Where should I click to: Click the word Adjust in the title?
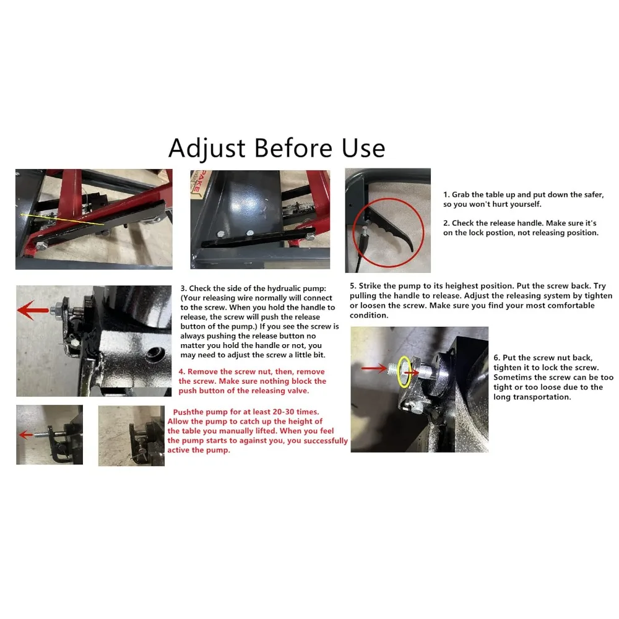click(x=207, y=149)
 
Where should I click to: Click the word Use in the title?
click(x=363, y=149)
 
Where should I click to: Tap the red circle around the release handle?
click(x=388, y=233)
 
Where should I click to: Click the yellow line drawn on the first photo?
click(x=62, y=220)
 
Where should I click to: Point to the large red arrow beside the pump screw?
click(x=33, y=310)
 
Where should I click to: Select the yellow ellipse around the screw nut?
click(x=404, y=371)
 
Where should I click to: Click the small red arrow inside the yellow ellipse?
click(x=412, y=373)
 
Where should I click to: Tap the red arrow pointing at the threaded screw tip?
click(x=374, y=368)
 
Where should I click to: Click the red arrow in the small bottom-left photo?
click(x=26, y=435)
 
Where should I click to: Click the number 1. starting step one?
click(x=446, y=194)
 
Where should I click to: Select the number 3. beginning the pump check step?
click(x=184, y=288)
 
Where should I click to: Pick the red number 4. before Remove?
click(x=181, y=372)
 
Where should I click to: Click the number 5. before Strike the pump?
click(x=353, y=286)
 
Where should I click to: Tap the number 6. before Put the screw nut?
click(x=496, y=358)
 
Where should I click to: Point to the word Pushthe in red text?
click(x=189, y=412)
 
